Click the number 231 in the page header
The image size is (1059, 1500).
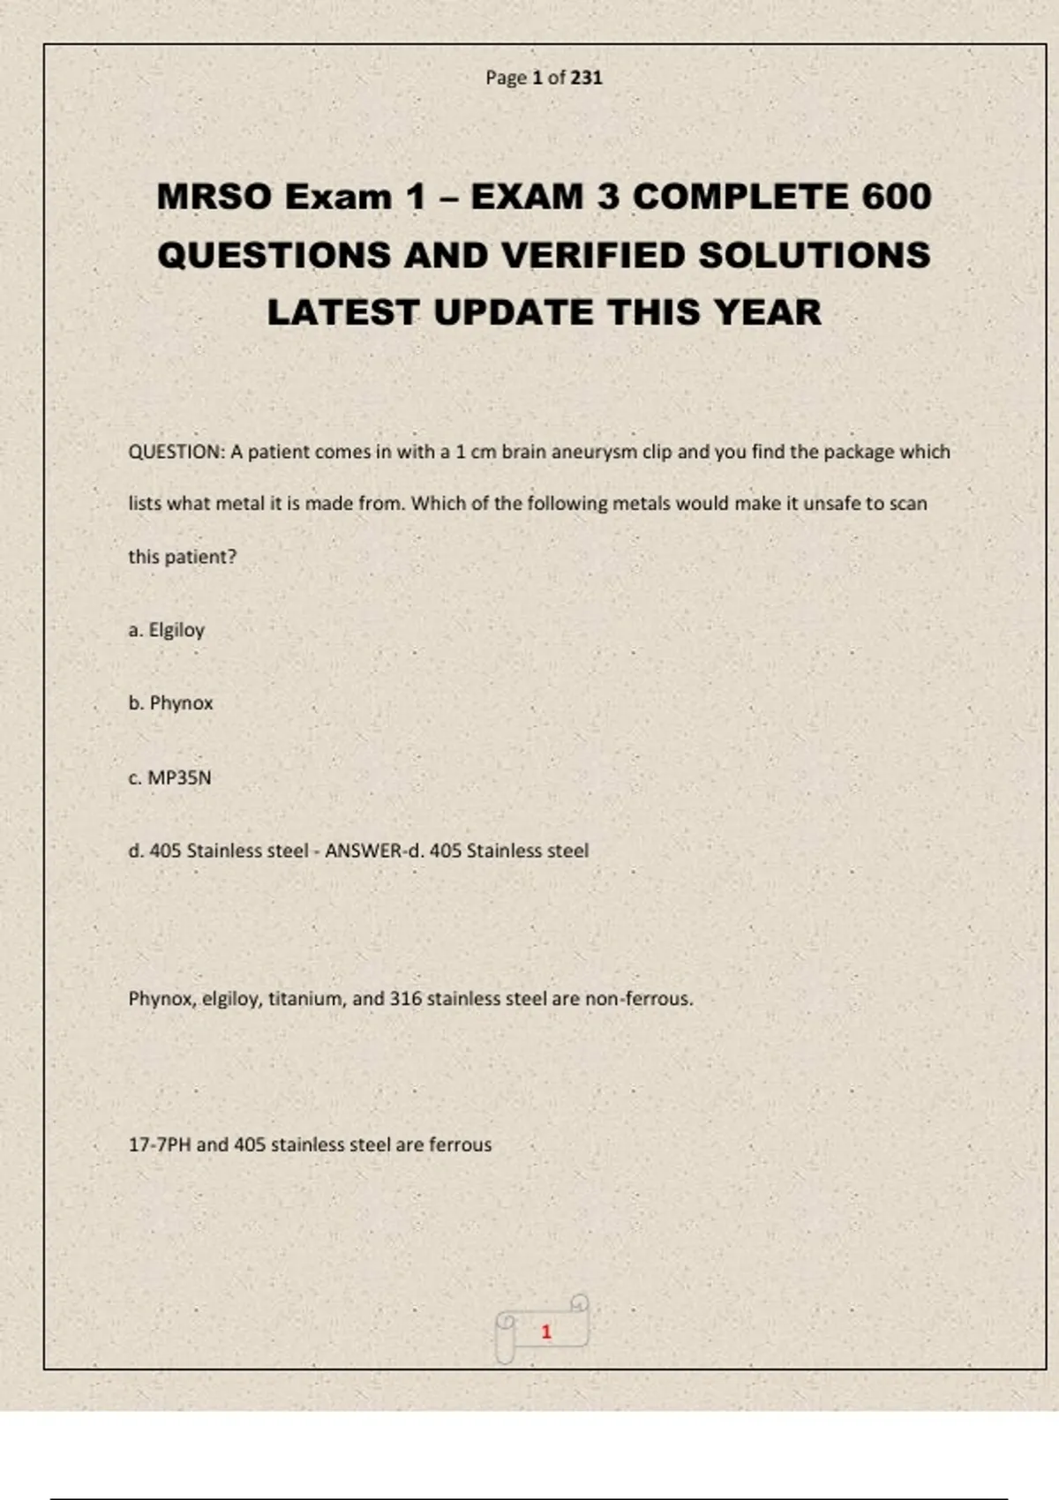coord(586,78)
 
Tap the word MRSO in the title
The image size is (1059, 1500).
coord(214,197)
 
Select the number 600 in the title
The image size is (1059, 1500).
coord(896,197)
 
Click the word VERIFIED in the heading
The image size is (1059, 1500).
coord(594,255)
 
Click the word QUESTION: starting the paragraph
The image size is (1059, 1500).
coord(177,452)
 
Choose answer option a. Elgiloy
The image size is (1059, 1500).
coord(167,630)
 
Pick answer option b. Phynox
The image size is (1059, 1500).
coord(171,703)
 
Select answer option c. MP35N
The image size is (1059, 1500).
coord(170,777)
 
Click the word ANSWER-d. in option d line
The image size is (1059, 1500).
coord(374,851)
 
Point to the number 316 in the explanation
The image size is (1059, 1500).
coord(405,999)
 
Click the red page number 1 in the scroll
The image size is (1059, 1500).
coord(546,1331)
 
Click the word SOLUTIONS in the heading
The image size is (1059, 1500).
coord(815,255)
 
